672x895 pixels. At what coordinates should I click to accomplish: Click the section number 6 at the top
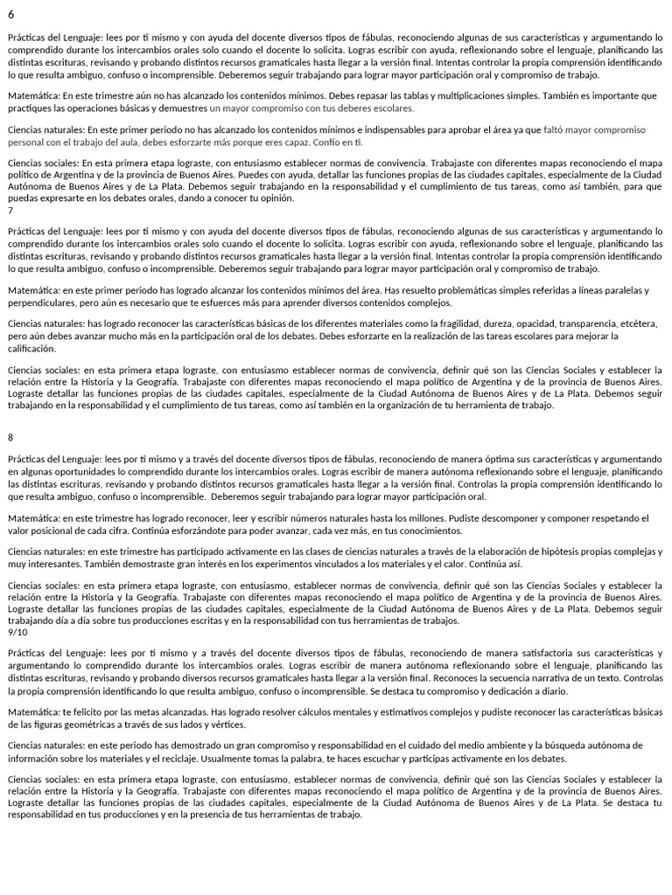pos(10,16)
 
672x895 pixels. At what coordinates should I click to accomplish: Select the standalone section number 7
pos(10,211)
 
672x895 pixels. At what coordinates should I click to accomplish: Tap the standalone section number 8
pos(10,436)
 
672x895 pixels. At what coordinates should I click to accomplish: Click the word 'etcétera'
pos(635,323)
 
